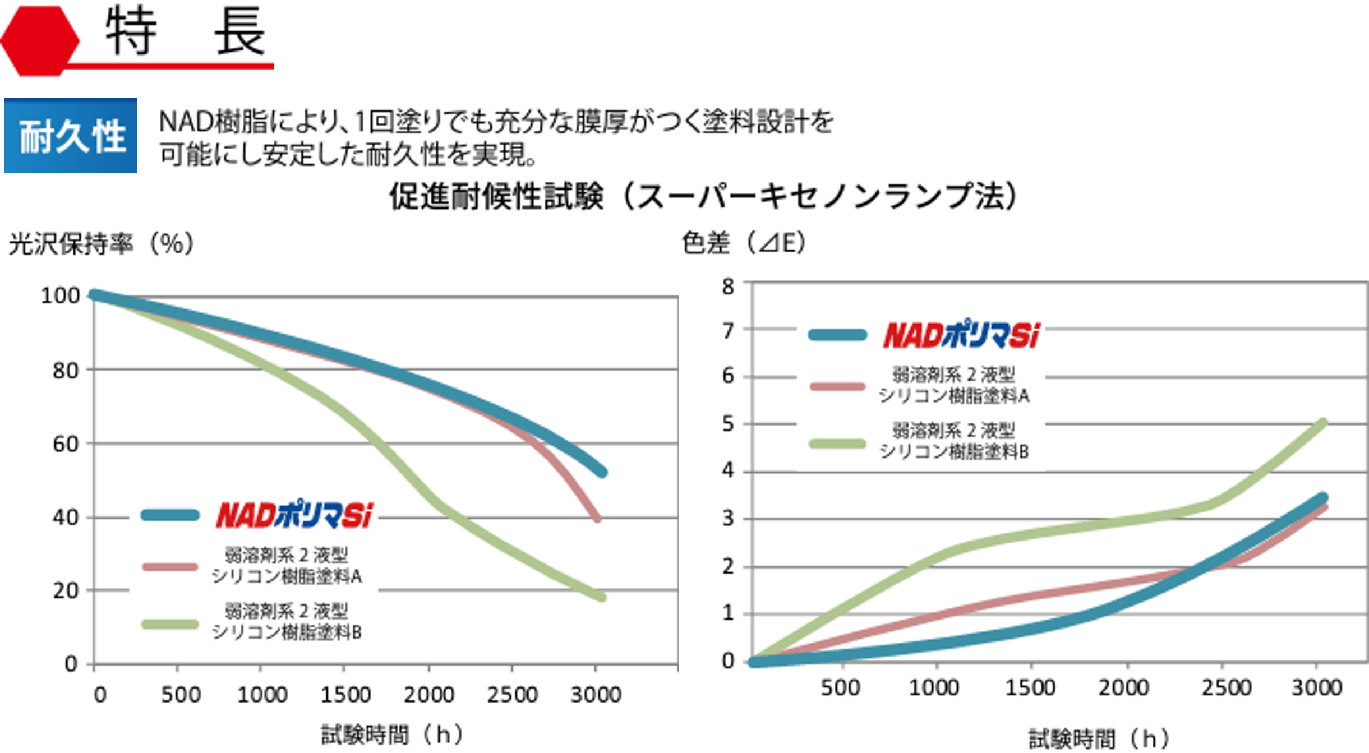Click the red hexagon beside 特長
[39, 40]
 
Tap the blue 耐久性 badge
[71, 135]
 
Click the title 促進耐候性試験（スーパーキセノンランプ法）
[700, 196]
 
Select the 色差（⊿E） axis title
[744, 243]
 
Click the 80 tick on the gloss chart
[66, 371]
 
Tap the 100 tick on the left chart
[61, 295]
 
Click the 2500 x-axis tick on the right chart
[1226, 688]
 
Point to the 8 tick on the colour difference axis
[728, 287]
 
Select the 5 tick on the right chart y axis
[728, 424]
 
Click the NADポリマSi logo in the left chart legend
[294, 515]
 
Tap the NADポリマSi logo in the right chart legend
[961, 335]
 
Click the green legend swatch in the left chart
[170, 624]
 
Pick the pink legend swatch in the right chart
[837, 386]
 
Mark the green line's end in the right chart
[1322, 423]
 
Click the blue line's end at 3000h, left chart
[601, 472]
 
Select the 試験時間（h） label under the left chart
[391, 734]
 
